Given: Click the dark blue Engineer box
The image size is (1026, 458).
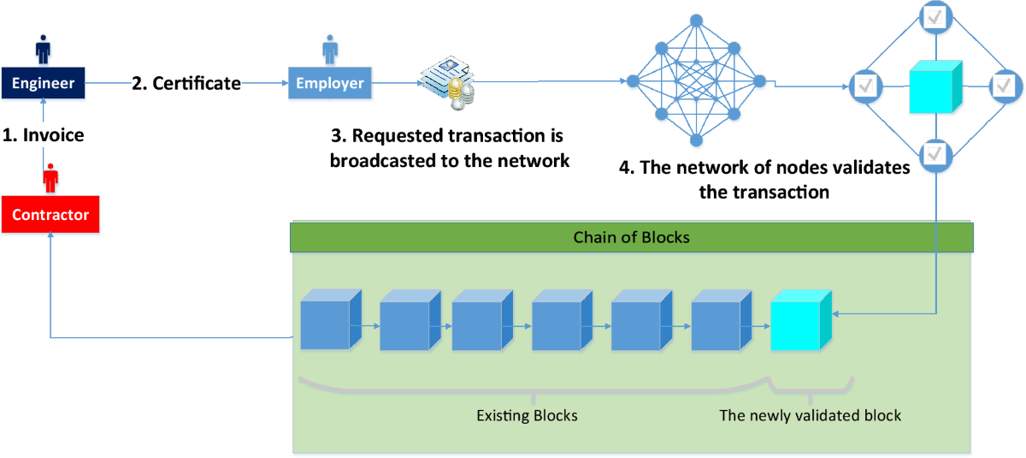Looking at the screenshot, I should click(x=43, y=84).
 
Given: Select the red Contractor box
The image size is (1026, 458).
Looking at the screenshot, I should click(x=50, y=215).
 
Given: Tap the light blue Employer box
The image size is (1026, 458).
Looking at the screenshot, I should click(x=330, y=84).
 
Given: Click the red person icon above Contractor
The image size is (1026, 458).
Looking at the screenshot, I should click(x=50, y=180).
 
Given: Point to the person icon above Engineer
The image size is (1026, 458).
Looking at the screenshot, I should click(x=43, y=49).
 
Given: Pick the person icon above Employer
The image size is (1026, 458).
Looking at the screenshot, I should click(x=330, y=49).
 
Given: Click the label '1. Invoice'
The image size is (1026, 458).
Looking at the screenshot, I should click(x=43, y=134).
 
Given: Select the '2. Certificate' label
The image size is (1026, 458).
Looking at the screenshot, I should click(x=186, y=84).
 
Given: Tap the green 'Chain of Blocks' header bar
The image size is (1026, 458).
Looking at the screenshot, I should click(x=631, y=237).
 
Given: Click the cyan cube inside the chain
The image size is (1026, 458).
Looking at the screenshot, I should click(x=800, y=321).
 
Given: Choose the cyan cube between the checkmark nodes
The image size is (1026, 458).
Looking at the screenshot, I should click(x=935, y=86).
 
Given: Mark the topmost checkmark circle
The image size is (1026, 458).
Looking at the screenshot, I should click(x=935, y=15).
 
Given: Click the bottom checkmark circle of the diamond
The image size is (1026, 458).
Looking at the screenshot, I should click(x=935, y=154).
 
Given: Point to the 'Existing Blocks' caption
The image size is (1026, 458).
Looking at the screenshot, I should click(x=527, y=416).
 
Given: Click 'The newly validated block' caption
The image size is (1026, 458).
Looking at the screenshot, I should click(x=810, y=416).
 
